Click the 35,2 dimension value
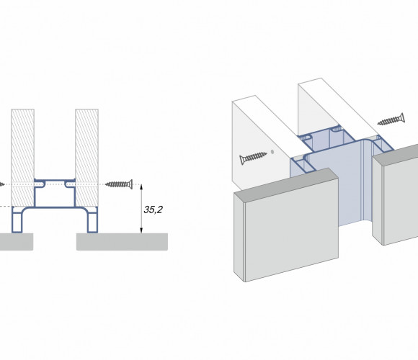coord(153,210)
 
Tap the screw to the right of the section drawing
coord(119,184)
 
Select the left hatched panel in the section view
coord(22,158)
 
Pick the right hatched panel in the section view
coord(87,158)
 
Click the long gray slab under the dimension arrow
coord(122,242)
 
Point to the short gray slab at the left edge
coord(17,242)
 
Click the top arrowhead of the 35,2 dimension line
coord(141,187)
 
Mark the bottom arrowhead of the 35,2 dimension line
coord(141,230)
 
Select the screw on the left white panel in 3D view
coord(253,158)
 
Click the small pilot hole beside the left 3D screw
coord(272,152)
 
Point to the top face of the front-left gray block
coord(286,184)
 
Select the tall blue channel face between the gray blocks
coord(350,186)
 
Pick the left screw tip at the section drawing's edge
coord(2,184)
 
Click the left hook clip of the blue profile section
coord(40,184)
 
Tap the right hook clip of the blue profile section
coord(70,184)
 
